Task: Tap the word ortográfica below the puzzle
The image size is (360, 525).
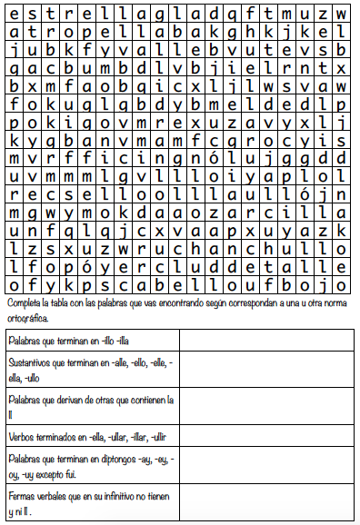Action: tap(27, 318)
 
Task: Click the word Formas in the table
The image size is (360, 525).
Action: tap(23, 496)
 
